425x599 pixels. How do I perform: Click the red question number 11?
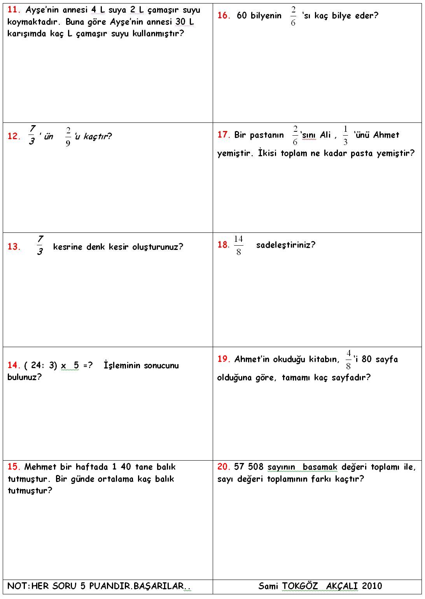point(14,10)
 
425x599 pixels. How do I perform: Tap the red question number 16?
point(224,16)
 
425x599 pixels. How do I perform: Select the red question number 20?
point(224,467)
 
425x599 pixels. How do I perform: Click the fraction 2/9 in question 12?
point(68,136)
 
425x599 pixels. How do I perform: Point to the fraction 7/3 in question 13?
point(40,245)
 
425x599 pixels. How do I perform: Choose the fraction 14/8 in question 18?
point(238,245)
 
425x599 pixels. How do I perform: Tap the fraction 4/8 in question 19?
point(348,360)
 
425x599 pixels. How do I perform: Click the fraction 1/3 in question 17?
point(345,135)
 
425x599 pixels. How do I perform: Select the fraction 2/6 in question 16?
point(293,16)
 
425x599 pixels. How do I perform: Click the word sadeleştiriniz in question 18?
point(285,245)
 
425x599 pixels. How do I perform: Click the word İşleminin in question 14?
point(122,365)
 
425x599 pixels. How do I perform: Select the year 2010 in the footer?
point(372,586)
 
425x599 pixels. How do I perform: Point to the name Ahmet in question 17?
point(386,135)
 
